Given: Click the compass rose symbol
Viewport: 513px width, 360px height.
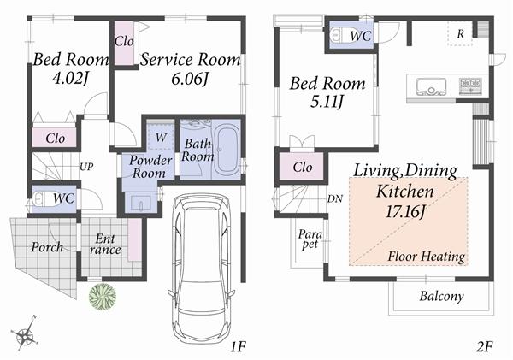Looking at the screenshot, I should (26, 333).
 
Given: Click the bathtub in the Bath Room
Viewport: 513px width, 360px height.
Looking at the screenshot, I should (226, 150).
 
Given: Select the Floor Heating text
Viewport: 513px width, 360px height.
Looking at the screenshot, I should (426, 256).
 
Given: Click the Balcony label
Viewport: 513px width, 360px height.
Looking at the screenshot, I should (441, 298).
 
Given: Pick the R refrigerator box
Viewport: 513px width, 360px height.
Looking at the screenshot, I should (461, 33).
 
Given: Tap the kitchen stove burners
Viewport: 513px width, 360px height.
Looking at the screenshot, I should (470, 85).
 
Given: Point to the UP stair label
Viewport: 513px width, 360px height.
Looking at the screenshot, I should (86, 167).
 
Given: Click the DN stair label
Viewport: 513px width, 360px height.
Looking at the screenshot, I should (334, 199).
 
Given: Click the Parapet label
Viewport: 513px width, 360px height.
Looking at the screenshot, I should (309, 239).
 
